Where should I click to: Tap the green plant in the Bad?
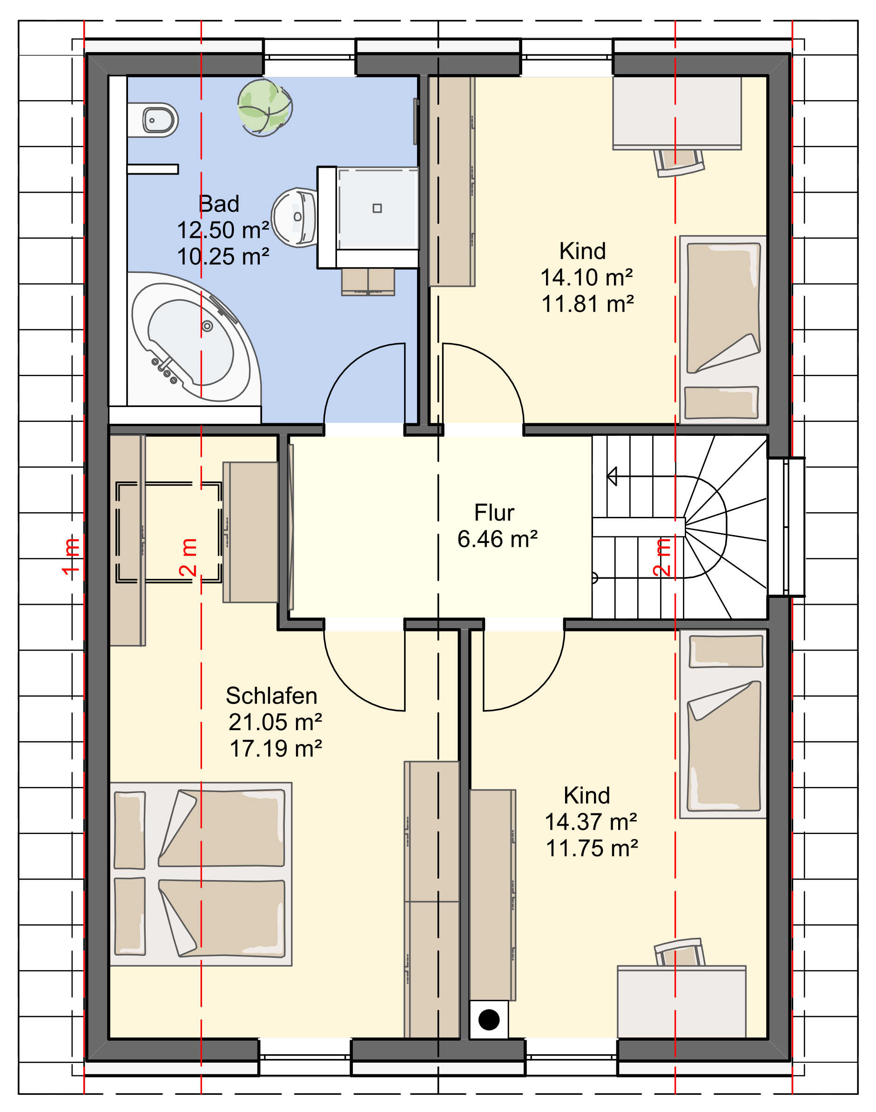click(265, 107)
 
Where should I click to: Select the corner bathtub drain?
click(207, 326)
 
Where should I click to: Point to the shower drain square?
click(377, 208)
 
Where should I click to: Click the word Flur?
click(494, 513)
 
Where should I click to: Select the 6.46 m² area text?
click(498, 539)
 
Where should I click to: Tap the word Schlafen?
click(271, 696)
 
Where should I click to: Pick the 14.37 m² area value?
click(591, 822)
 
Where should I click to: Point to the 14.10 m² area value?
click(587, 278)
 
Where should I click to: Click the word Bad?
click(219, 203)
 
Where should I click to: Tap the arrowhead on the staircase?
click(612, 476)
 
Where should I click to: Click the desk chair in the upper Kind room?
click(679, 162)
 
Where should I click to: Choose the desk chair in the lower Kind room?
click(679, 953)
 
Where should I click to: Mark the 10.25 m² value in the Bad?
click(223, 257)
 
